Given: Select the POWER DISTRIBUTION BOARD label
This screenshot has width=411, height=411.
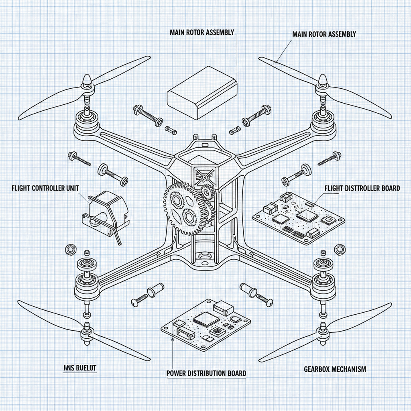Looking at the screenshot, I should pos(206,373).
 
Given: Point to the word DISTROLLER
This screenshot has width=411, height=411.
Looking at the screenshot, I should pos(358,188).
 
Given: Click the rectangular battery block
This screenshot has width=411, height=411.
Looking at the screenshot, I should pos(202,92).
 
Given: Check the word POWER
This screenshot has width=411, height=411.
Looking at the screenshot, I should pos(178,373).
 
